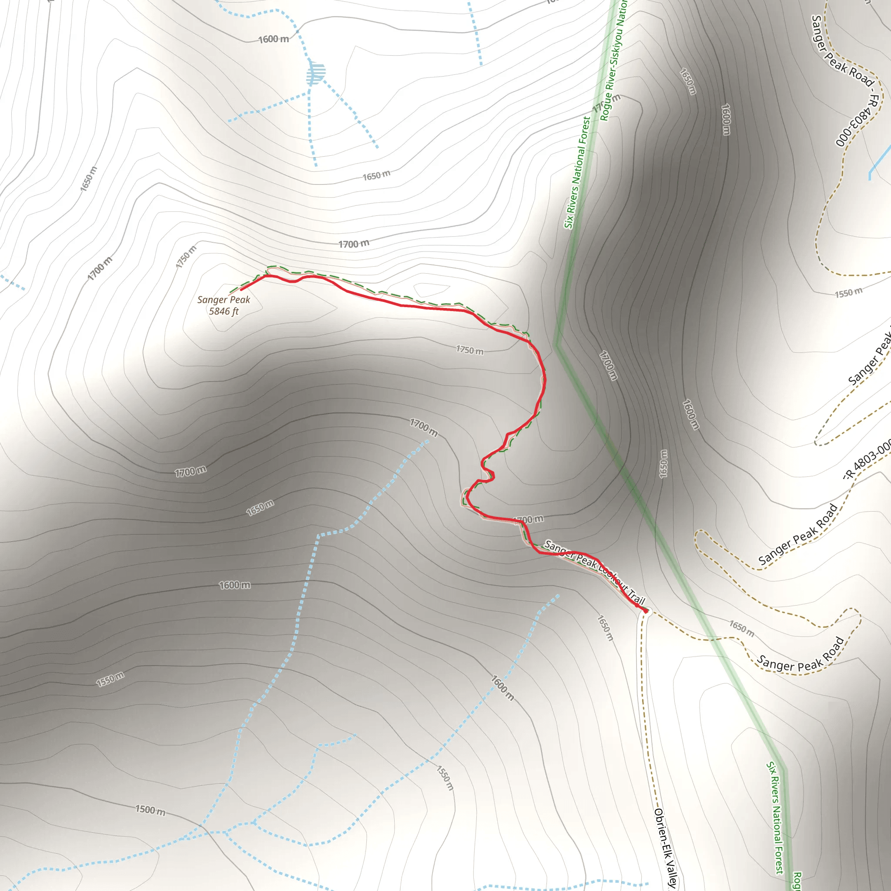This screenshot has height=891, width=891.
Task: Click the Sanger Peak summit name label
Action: coord(224,300)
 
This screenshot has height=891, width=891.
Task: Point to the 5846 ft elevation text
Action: coord(224,312)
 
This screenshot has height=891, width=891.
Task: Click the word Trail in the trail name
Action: coord(636,598)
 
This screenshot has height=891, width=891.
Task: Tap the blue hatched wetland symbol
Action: coord(316,73)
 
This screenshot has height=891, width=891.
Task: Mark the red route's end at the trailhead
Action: coord(646,612)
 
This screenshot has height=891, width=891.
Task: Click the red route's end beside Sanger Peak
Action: coord(241,290)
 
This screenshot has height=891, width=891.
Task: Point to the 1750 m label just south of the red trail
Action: coord(469,351)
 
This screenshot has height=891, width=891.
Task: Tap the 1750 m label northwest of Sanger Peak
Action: coord(186,257)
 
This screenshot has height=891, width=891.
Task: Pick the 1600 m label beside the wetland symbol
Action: coord(274,39)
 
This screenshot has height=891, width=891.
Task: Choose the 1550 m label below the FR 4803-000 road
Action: coord(848,292)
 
